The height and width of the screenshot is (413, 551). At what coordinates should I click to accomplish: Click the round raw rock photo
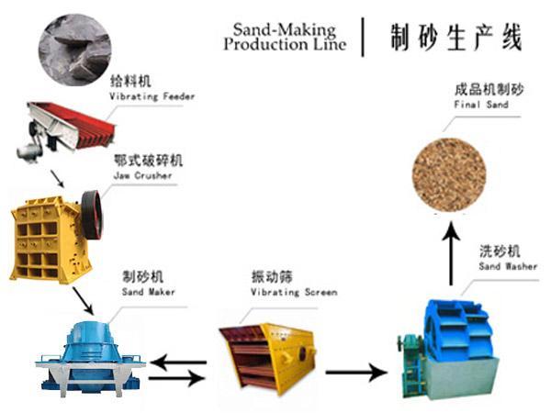point(74,50)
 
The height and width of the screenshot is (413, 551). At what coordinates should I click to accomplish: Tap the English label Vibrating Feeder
point(152,96)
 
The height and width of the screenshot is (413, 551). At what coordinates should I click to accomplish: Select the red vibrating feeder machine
point(66,129)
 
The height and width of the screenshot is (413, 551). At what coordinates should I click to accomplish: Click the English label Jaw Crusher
point(142,175)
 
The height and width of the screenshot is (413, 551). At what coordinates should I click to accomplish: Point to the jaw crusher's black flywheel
point(92,215)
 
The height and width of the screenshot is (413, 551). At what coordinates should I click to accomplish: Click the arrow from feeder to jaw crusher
point(57,179)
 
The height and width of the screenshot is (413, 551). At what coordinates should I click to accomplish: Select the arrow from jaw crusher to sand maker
point(84,301)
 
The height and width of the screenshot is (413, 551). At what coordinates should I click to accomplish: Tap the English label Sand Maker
point(148,292)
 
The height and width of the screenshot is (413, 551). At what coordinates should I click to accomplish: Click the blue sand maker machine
point(91,358)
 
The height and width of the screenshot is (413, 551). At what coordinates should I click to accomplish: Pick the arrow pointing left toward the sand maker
point(178,363)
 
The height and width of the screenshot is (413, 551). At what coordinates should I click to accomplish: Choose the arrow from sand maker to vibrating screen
point(177,378)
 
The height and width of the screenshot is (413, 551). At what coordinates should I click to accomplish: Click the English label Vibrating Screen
point(294,292)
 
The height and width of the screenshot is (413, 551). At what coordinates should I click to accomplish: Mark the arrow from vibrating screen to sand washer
point(356,373)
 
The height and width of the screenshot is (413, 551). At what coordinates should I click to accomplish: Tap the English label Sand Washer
point(508,266)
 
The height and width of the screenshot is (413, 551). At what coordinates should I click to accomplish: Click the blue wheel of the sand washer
point(456,330)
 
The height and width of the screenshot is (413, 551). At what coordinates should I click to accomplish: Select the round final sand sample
point(449,174)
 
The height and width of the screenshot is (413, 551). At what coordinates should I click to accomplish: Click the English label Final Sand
point(481,105)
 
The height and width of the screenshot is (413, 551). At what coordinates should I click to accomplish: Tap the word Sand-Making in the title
point(285,29)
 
